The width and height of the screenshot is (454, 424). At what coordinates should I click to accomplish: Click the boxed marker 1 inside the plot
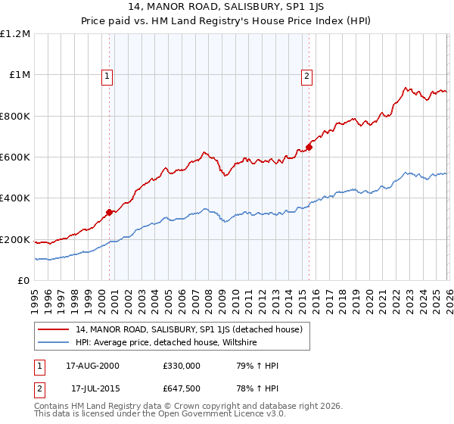pyautogui.click(x=107, y=76)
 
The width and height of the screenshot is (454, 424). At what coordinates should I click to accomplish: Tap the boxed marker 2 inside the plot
pyautogui.click(x=307, y=76)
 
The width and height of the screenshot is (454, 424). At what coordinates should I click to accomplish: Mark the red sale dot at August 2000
pyautogui.click(x=110, y=212)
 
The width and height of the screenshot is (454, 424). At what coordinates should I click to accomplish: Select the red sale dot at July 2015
pyautogui.click(x=309, y=147)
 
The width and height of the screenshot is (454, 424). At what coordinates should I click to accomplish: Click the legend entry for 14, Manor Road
pyautogui.click(x=189, y=329)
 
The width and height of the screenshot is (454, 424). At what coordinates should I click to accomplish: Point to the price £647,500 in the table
pyautogui.click(x=181, y=388)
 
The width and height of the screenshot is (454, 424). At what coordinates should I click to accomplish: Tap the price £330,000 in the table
pyautogui.click(x=181, y=366)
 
